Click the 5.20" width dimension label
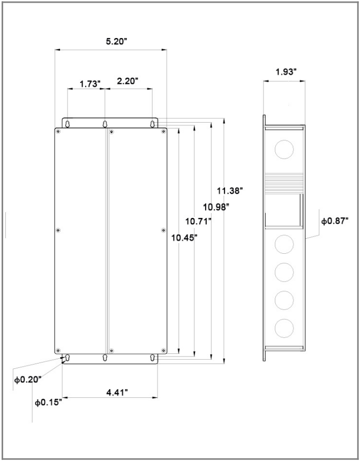click(x=116, y=41)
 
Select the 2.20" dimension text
click(x=127, y=81)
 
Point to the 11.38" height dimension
click(x=230, y=191)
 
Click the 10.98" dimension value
click(x=216, y=207)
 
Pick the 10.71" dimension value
click(x=199, y=221)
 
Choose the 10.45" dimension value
click(x=184, y=238)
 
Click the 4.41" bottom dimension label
click(x=117, y=392)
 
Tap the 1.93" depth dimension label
click(x=286, y=72)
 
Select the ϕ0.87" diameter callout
click(x=335, y=221)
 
